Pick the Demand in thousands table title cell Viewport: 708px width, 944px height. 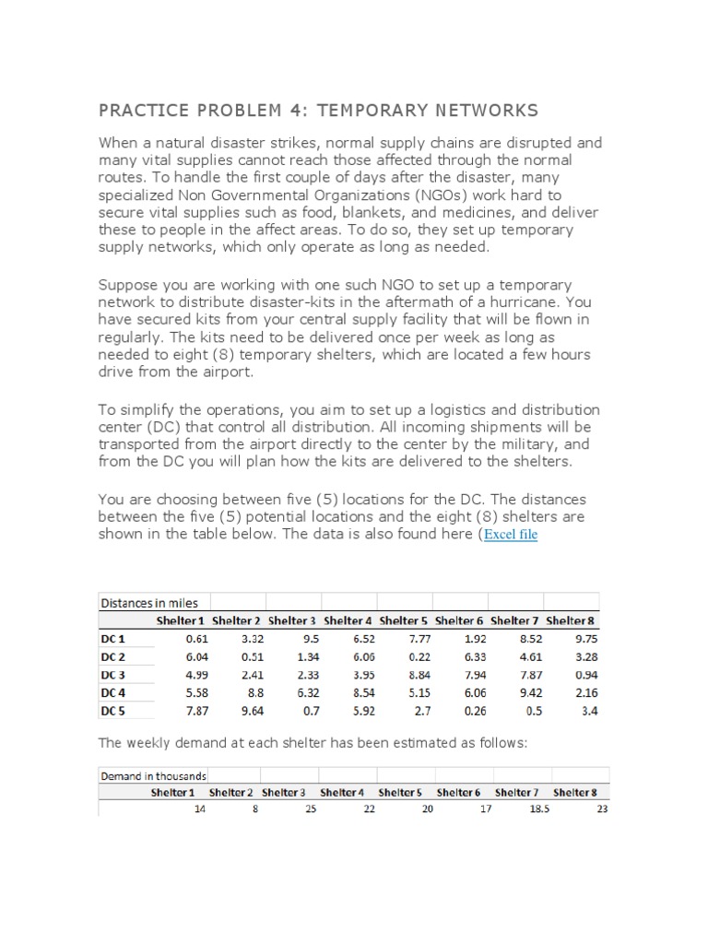coord(153,775)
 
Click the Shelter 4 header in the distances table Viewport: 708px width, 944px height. coord(348,621)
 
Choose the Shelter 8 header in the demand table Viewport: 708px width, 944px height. coord(574,792)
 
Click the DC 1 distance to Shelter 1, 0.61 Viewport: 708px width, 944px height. coord(196,639)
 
